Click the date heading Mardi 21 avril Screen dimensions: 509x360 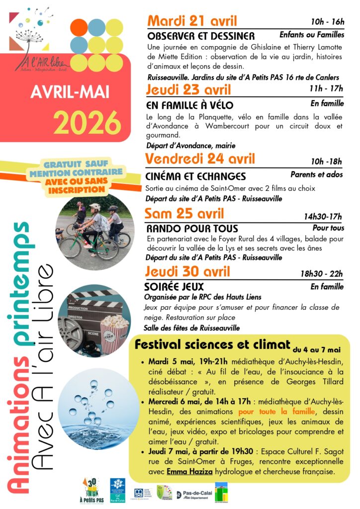(192, 21)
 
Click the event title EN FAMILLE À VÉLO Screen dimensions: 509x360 (189, 105)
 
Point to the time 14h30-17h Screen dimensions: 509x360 (323, 216)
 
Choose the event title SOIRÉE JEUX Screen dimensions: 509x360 (174, 287)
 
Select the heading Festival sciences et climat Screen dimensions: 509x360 (212, 345)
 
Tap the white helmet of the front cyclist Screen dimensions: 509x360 (94, 207)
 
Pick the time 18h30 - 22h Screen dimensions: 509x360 (321, 274)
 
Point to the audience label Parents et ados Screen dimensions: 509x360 (317, 175)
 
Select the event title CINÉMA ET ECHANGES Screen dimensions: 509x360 (195, 176)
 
